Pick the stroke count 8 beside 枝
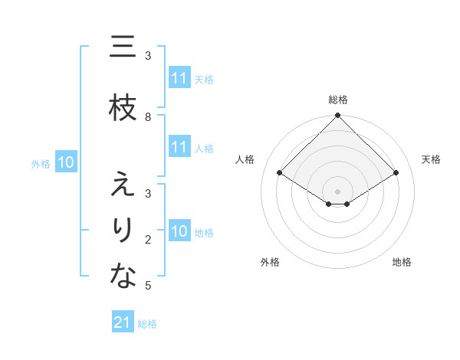tap(148, 116)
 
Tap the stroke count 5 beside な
tap(148, 286)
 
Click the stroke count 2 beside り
tap(148, 240)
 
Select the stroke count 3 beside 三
tap(148, 56)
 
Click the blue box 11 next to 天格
tap(179, 78)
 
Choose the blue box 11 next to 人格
tap(179, 147)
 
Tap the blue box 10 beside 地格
tap(179, 231)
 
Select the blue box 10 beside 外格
tap(66, 162)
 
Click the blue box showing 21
tap(123, 322)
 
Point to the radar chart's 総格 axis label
tap(338, 100)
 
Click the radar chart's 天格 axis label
tap(431, 159)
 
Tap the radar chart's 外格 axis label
tap(270, 262)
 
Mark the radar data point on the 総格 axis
tap(337, 116)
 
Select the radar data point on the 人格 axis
tap(279, 173)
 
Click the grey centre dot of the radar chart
tap(337, 191)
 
